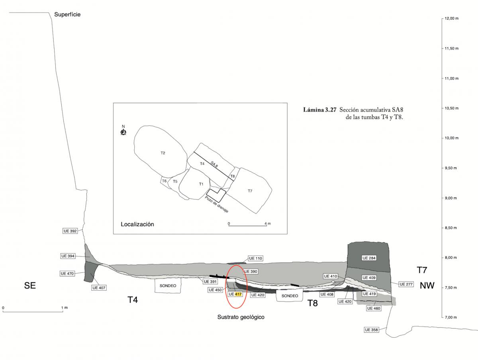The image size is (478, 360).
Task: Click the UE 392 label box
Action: point(70,231)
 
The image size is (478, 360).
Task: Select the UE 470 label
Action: point(67,274)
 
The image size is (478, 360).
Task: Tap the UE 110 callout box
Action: point(255,258)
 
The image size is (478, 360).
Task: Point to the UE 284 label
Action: point(368,258)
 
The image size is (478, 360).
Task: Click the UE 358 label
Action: point(371,330)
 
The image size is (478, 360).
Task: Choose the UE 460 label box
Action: point(373,308)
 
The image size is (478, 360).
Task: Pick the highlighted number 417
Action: point(238,294)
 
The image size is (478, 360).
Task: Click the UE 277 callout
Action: point(407,284)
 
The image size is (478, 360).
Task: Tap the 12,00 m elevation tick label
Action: point(452,19)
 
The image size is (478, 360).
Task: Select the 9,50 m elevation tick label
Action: point(451,168)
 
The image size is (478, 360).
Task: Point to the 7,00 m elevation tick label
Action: point(451,317)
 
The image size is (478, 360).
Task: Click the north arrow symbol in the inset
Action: point(123,131)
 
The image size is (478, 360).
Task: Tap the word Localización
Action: point(137,224)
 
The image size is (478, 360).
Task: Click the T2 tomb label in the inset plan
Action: point(163,153)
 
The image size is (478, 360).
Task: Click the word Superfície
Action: point(67,15)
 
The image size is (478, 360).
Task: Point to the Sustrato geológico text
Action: point(241,317)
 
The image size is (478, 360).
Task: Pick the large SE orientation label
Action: point(30,286)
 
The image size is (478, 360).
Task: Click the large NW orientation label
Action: point(426,286)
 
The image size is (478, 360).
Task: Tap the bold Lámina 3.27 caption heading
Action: point(321,110)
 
